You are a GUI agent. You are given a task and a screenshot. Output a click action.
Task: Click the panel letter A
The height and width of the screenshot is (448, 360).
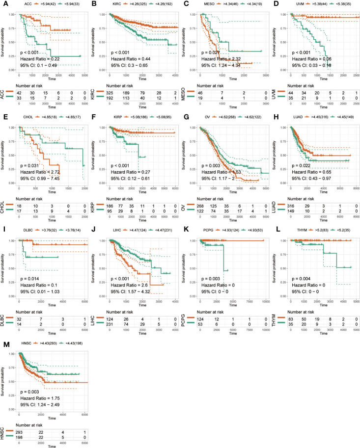pyautogui.click(x=3, y=4)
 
